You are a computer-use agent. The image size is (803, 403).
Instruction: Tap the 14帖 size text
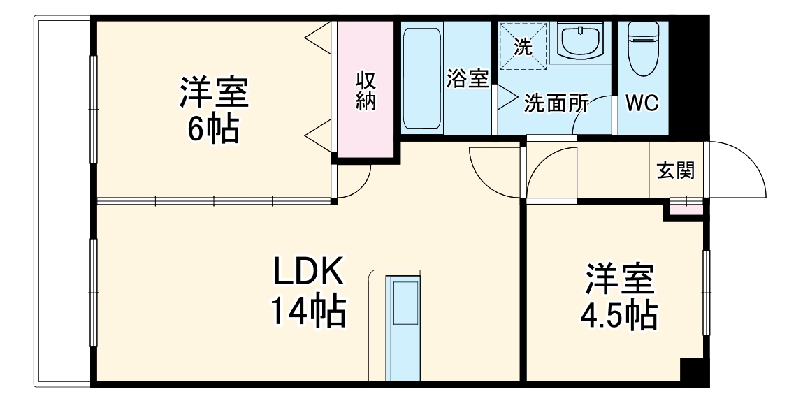point(308,311)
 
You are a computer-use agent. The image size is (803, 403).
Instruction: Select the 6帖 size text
point(214,129)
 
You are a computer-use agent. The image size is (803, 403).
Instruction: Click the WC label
point(642,104)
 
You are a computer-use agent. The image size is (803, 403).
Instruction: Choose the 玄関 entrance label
point(676,170)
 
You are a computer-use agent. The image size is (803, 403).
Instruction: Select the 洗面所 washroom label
point(555,104)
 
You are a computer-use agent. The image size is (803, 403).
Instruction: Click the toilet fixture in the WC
point(643,47)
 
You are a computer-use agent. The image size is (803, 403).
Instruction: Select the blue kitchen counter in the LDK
point(403,328)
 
